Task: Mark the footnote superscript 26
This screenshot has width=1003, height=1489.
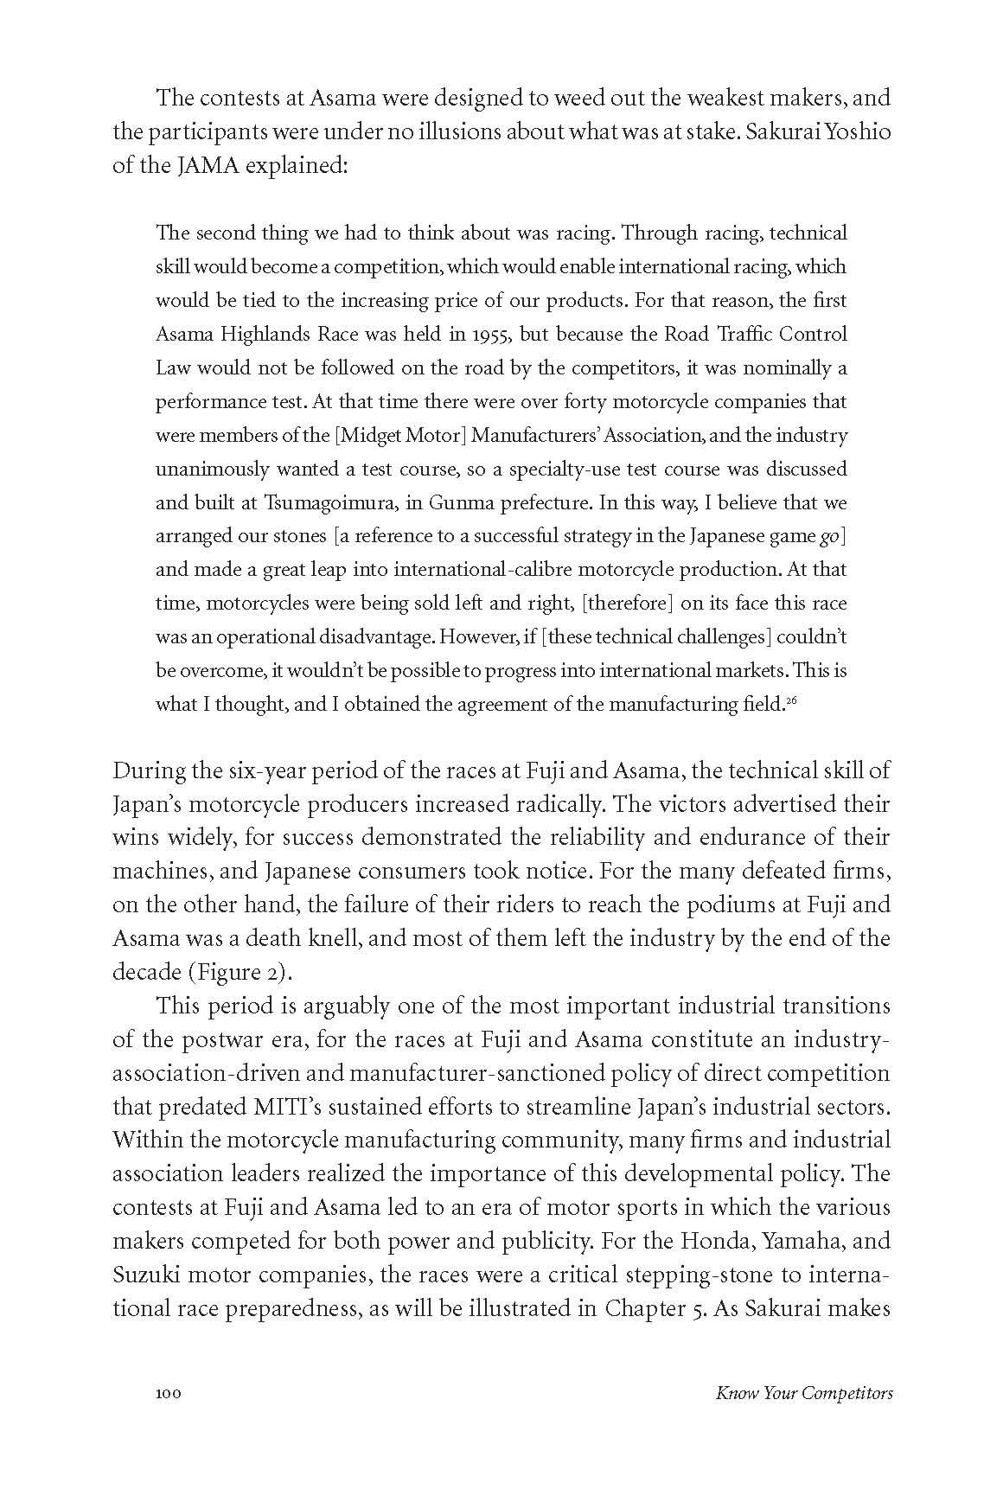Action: [x=791, y=701]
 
